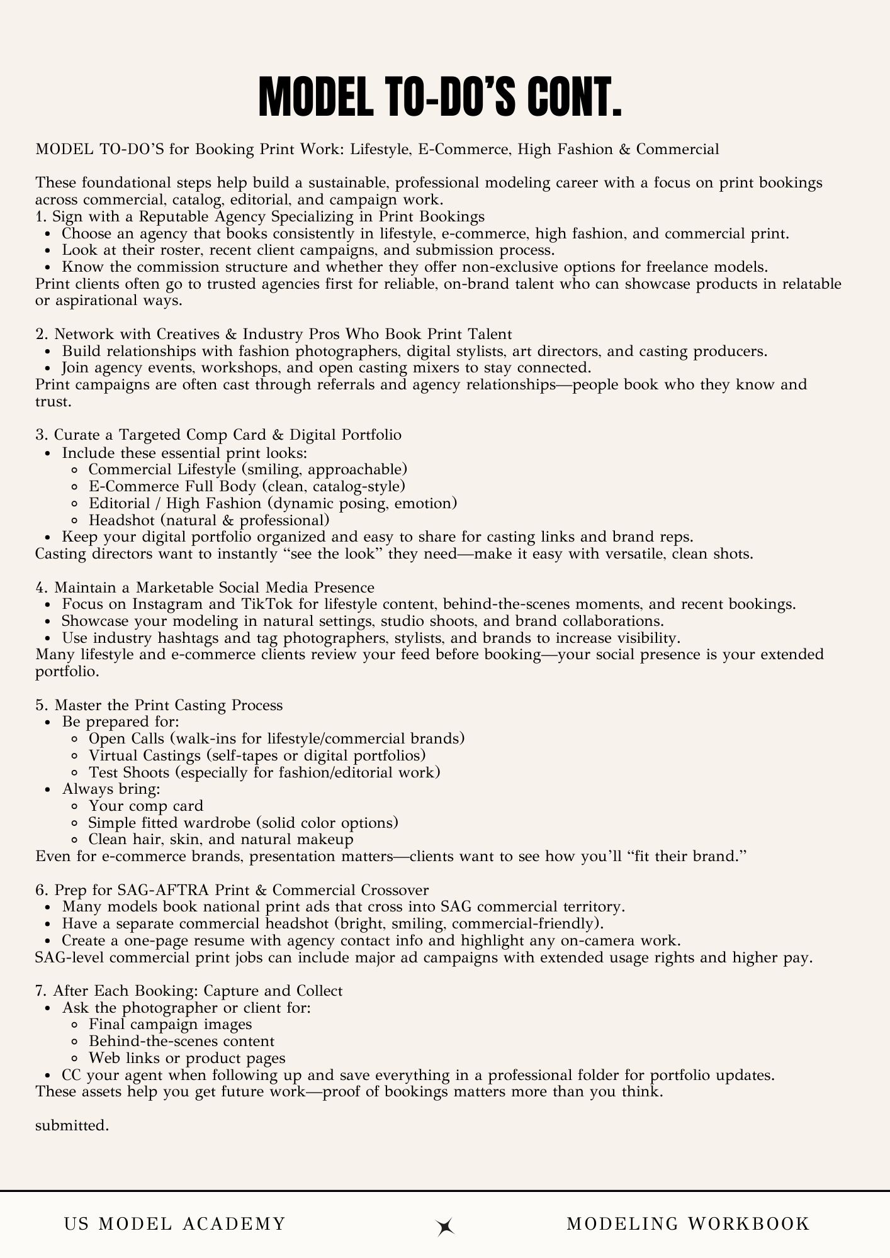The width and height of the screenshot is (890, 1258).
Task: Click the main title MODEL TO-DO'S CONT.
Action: tap(440, 98)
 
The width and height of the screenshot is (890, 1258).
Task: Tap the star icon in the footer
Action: tap(446, 1226)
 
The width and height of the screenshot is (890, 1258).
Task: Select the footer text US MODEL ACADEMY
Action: tap(175, 1223)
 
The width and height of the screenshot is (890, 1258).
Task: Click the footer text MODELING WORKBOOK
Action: tap(688, 1223)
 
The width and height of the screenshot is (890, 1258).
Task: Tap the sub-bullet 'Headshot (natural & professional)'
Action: tap(209, 520)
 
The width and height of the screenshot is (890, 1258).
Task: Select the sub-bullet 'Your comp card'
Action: tap(146, 806)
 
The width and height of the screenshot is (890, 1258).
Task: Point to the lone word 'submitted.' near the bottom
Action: tap(72, 1125)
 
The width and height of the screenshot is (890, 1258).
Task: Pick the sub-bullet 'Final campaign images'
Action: tap(170, 1025)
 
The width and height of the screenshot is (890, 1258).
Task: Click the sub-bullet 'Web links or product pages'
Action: tap(187, 1058)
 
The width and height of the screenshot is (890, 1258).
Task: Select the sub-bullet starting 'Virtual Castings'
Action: tap(257, 755)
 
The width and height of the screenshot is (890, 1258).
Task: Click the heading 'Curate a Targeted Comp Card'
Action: tap(218, 435)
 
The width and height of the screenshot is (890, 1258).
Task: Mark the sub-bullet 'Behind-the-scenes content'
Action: tap(181, 1041)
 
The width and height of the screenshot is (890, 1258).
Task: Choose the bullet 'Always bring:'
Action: tap(111, 789)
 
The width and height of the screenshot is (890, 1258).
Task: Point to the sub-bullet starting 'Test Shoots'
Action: tap(264, 772)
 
